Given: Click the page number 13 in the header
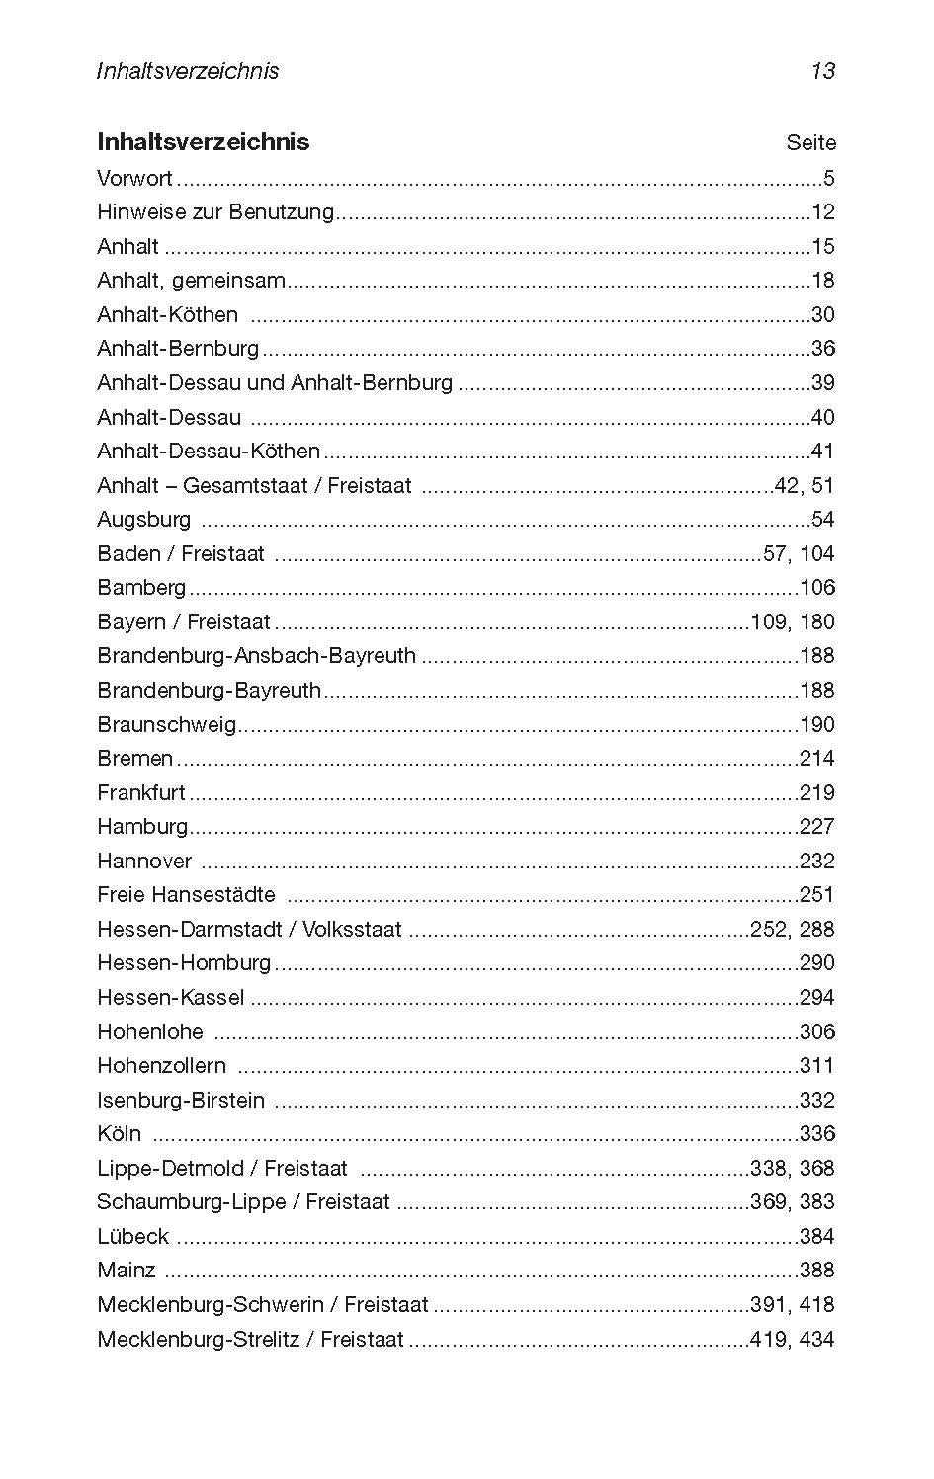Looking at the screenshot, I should click(x=822, y=71).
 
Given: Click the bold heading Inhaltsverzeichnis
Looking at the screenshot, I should click(x=203, y=142).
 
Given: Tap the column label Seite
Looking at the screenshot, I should click(x=810, y=143).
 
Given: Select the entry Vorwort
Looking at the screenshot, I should click(x=134, y=179).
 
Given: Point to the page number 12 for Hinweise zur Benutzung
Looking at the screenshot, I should click(x=822, y=212).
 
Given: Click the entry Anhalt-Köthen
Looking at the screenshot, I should click(x=167, y=315).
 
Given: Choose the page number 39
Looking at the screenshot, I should click(x=822, y=383).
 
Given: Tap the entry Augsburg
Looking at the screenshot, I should click(x=143, y=520).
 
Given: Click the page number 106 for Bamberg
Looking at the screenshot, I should click(x=817, y=588).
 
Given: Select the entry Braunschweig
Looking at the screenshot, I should click(x=166, y=725).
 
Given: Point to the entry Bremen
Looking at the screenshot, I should click(x=134, y=759).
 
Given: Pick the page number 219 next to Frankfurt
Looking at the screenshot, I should click(x=817, y=793).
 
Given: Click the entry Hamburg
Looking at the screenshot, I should click(x=142, y=827).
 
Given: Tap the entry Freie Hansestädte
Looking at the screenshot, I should click(x=186, y=895).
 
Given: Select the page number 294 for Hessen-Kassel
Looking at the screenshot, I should click(x=817, y=998).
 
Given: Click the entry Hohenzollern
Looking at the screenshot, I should click(x=161, y=1066).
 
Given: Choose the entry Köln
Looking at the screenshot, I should click(x=119, y=1134).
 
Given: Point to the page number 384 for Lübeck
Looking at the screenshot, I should click(x=817, y=1237).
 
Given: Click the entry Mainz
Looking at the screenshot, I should click(x=126, y=1271).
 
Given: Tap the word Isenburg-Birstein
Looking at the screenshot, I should click(x=181, y=1101).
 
